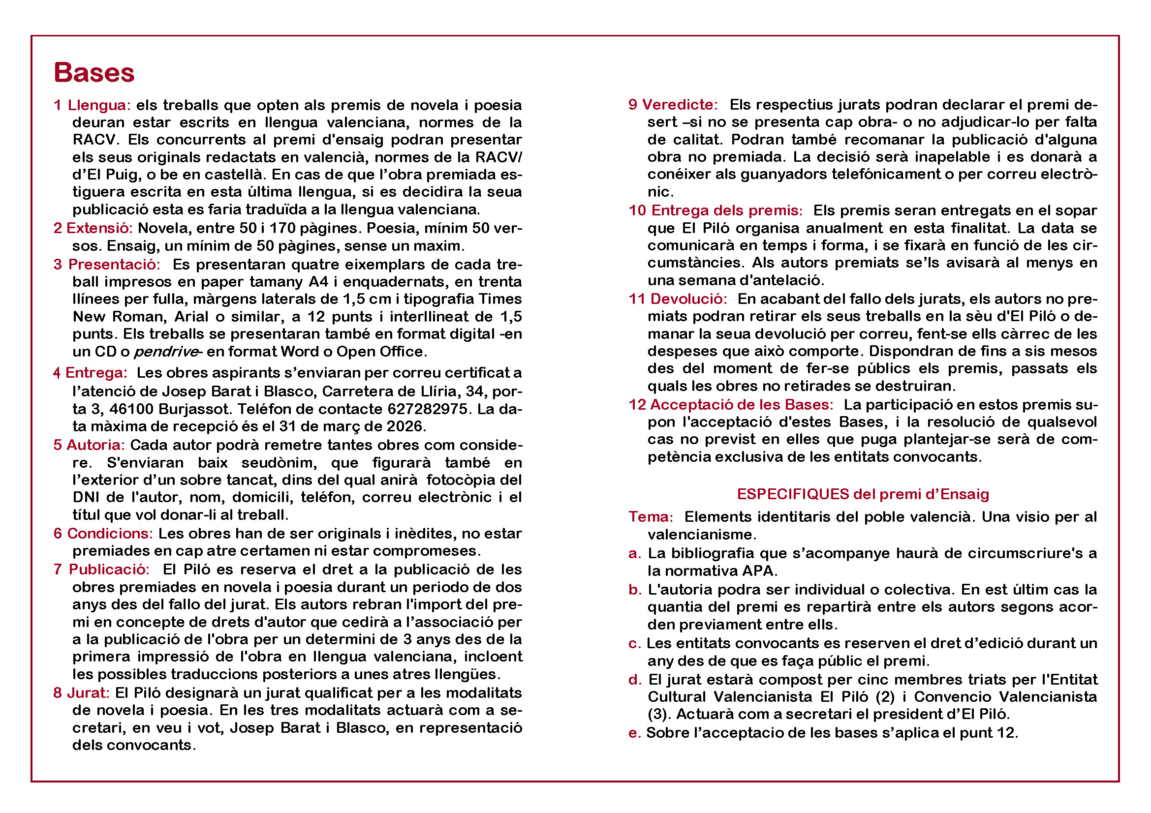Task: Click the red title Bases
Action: coord(94,73)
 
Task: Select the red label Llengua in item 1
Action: coord(99,105)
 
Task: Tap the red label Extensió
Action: coord(99,228)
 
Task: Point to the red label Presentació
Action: coord(114,265)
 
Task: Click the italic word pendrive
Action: coord(166,352)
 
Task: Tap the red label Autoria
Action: coord(95,445)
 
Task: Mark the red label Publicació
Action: coord(109,570)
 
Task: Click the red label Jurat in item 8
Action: coord(88,693)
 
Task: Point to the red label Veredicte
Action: coord(680,105)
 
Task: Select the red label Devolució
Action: coord(688,300)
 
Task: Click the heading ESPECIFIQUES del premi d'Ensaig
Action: coord(863,494)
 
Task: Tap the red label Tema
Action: coord(651,517)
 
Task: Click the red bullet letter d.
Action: coord(634,680)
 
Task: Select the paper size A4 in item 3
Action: coord(318,282)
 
